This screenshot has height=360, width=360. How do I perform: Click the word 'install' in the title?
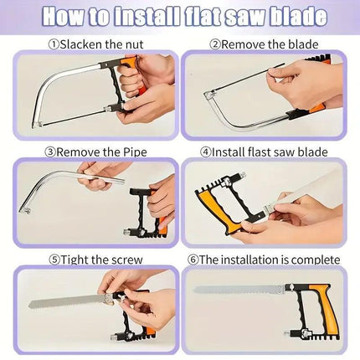(x=147, y=16)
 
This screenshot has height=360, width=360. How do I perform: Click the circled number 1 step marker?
(x=54, y=44)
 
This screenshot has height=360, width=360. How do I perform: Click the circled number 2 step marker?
(x=215, y=44)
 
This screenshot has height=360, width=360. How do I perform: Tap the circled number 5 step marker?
(x=54, y=260)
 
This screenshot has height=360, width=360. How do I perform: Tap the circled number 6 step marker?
(x=193, y=260)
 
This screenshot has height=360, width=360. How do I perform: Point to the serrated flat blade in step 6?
(x=239, y=291)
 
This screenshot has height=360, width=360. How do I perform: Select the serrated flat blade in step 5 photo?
(x=67, y=301)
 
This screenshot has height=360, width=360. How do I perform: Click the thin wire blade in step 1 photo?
(x=73, y=116)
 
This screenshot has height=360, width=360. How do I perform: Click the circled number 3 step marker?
(x=50, y=152)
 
